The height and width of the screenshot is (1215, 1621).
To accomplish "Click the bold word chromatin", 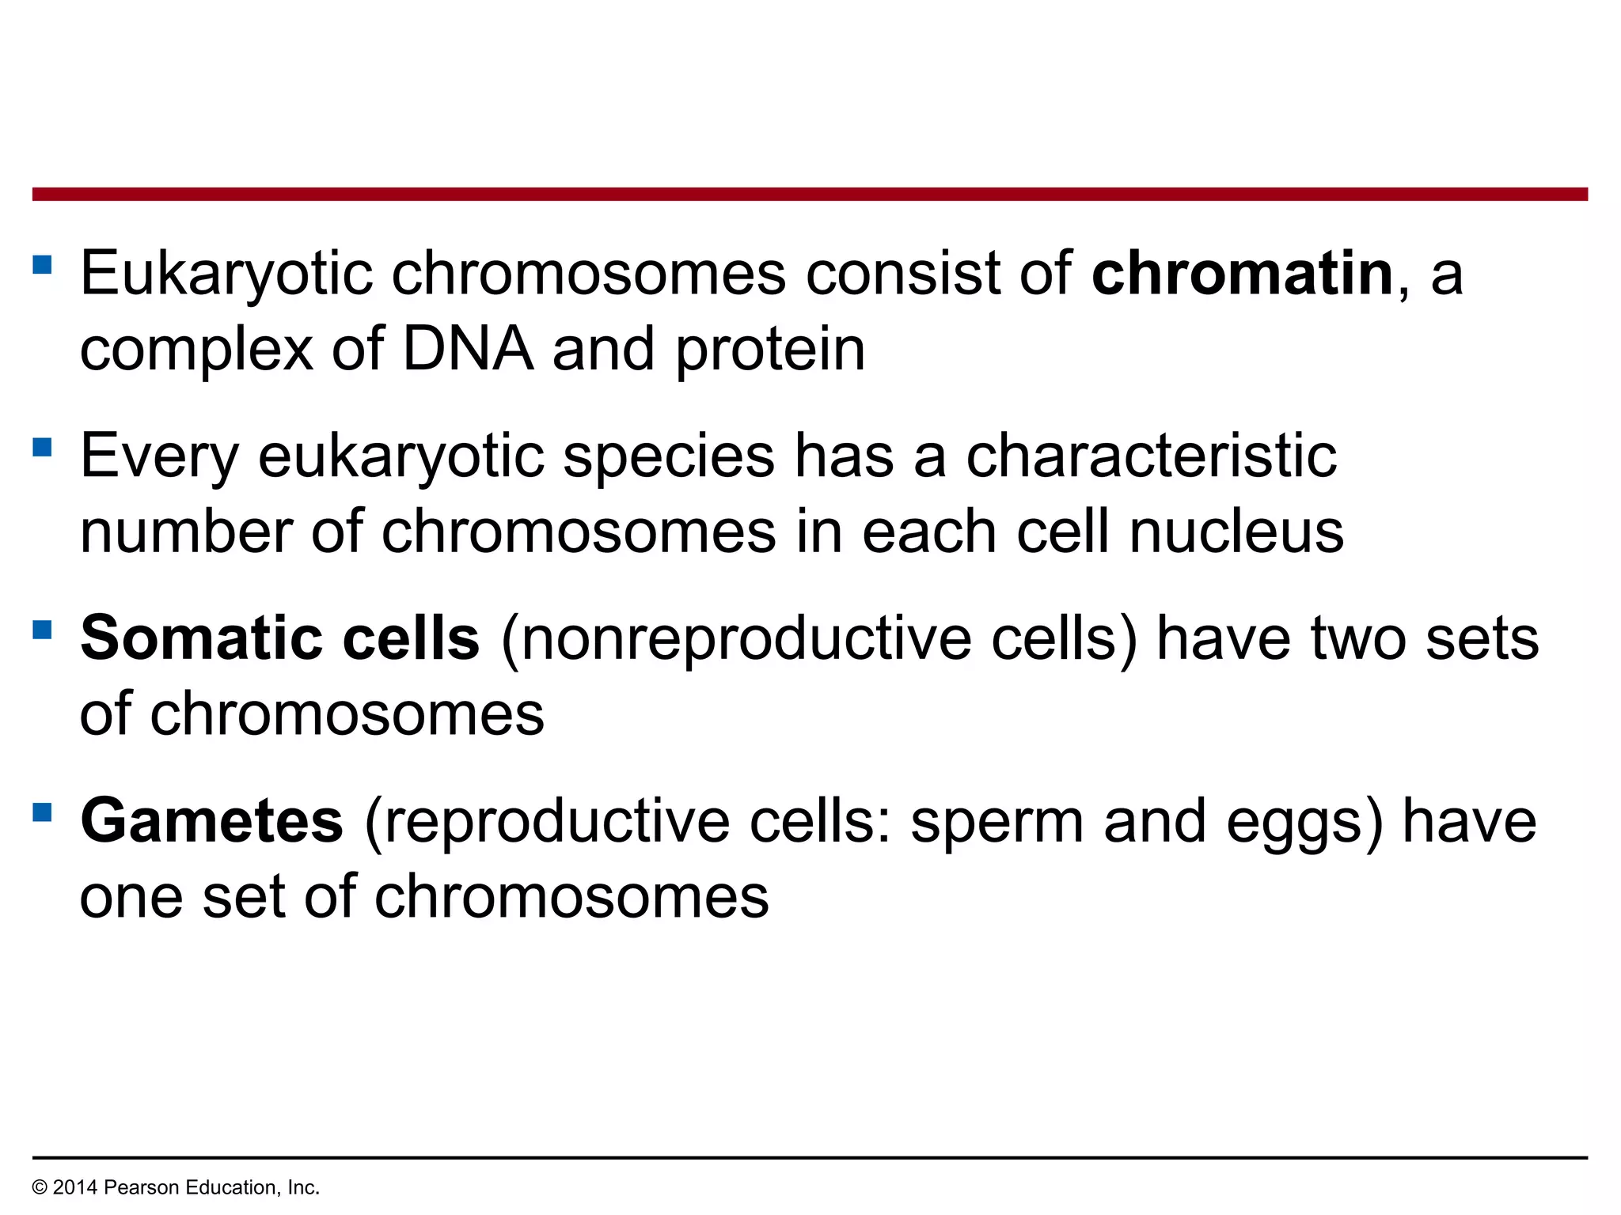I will tap(1242, 274).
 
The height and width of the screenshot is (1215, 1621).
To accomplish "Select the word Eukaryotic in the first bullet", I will tap(226, 274).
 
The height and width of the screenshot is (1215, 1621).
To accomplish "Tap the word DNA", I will tap(468, 349).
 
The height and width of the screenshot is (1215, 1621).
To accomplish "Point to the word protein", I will tap(770, 350).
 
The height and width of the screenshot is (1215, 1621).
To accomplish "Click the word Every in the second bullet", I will tap(159, 456).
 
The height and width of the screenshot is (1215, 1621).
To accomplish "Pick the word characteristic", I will tap(1152, 456).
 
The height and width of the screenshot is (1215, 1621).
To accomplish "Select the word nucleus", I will tap(1236, 532).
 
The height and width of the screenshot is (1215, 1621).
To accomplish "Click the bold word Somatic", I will tap(200, 638).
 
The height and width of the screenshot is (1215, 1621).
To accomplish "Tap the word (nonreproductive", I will tap(735, 638).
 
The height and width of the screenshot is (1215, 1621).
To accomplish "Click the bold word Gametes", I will tap(211, 821).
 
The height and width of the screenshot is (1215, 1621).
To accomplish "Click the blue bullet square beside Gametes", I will tap(42, 812).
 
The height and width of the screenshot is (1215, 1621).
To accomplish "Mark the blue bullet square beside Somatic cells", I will tap(42, 630).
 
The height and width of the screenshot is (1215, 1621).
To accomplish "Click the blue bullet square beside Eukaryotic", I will tap(42, 264).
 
